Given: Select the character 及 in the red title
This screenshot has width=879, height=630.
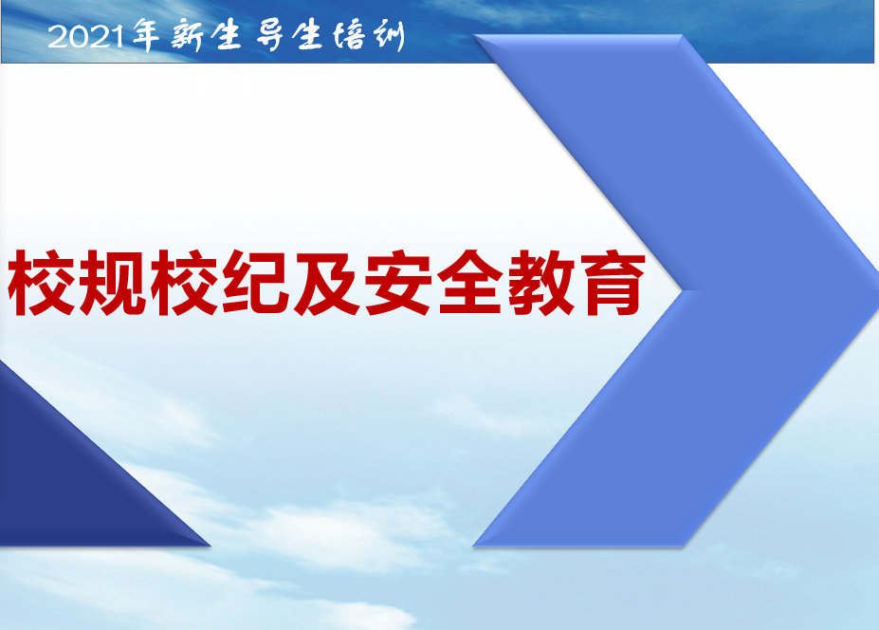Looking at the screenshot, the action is pos(327,282).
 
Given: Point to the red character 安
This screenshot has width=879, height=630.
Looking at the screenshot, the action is pos(398,282).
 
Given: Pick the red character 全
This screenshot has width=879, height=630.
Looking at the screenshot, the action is pos(469,282).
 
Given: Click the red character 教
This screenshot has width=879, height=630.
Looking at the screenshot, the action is pos(541,282).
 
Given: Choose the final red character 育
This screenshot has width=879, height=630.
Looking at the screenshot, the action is pos(613,282).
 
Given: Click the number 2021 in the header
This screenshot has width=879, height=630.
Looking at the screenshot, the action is pos(85,37).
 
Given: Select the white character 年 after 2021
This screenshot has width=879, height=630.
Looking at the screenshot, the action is pos(146,35).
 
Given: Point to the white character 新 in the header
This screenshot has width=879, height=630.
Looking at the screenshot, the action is pos(187,35).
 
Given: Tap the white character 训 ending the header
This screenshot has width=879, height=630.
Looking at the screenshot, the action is pos(389,36).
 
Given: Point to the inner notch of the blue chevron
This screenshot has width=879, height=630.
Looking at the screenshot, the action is pos(682,290).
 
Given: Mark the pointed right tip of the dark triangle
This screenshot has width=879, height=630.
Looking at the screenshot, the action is pos(211,545).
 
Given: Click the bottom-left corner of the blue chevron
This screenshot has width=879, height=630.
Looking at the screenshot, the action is pos(474,546).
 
